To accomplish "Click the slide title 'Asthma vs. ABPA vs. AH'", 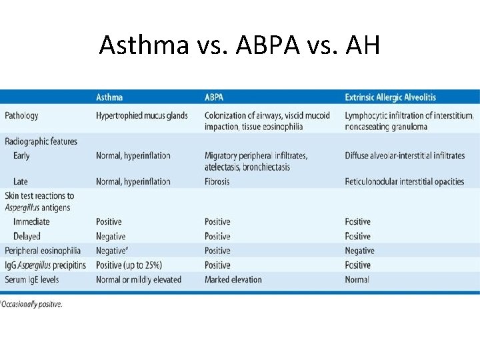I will tap(239, 45).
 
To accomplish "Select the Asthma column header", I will tap(109, 97).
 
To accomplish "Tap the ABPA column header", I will tap(214, 97).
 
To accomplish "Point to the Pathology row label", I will tap(21, 115).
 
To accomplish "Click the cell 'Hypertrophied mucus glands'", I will tap(142, 115).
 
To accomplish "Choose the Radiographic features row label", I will tap(41, 141).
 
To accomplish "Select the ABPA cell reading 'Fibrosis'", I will tap(217, 181).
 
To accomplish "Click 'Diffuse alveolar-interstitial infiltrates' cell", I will tap(405, 155).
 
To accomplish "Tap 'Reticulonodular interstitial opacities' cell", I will tap(404, 181).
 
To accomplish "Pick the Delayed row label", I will tap(27, 236).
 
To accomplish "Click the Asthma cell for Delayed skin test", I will tap(111, 236).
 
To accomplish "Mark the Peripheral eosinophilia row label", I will tap(43, 251).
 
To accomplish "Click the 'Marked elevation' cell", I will tap(233, 279).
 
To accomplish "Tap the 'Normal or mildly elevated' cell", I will tap(139, 279).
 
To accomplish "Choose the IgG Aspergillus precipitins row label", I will tap(45, 265).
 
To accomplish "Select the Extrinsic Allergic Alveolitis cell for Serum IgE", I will tap(357, 279).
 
